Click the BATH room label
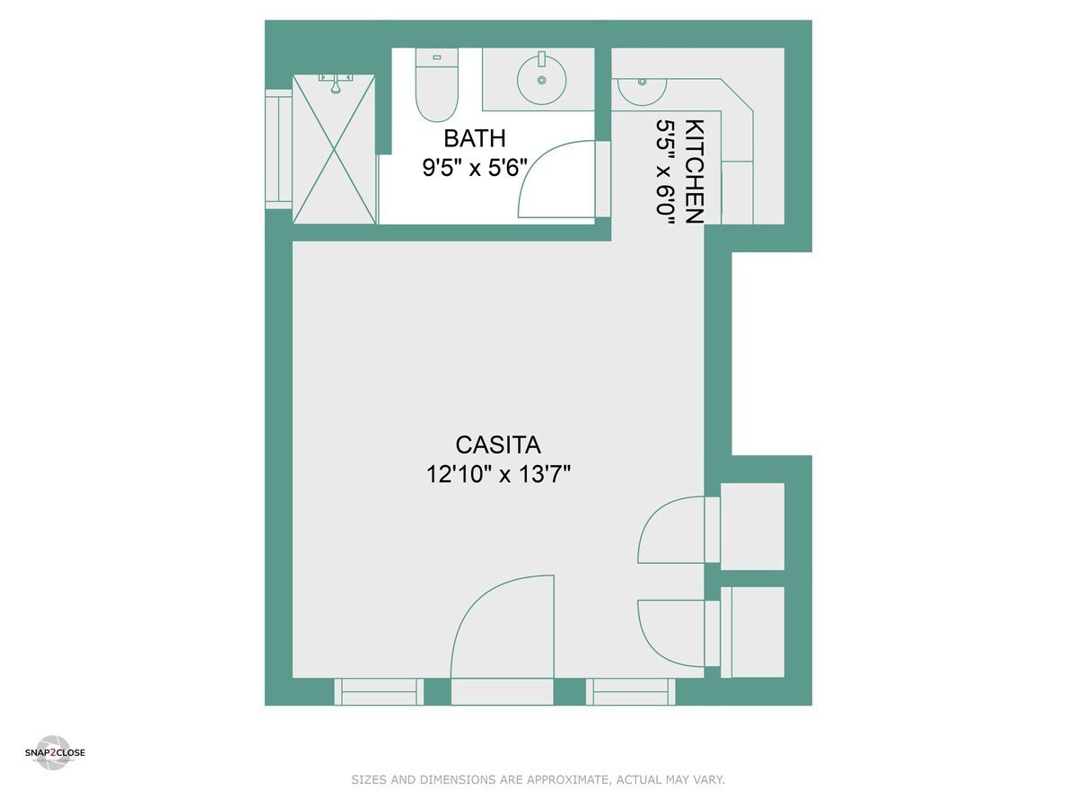[475, 138]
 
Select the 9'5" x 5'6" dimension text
[475, 168]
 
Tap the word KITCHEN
[694, 171]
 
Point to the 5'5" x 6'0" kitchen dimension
[665, 171]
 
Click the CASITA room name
[498, 444]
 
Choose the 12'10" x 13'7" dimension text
[498, 474]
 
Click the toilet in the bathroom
[437, 87]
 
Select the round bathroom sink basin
[541, 79]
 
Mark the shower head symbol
[335, 86]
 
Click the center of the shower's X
[335, 149]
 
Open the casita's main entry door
[503, 628]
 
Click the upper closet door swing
[671, 530]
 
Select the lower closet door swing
[671, 633]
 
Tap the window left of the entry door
[379, 691]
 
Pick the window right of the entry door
[631, 691]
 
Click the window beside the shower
[278, 148]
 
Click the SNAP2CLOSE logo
[54, 752]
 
